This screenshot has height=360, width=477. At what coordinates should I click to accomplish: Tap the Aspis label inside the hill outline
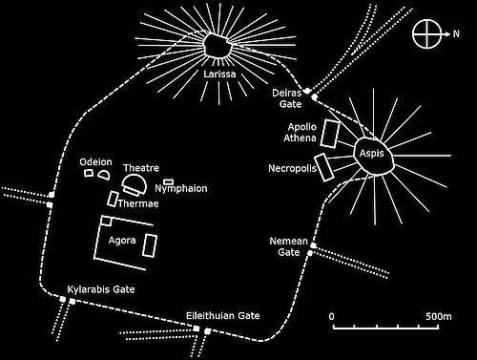[x=371, y=152]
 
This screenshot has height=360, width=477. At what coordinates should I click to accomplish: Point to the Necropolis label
[x=292, y=169]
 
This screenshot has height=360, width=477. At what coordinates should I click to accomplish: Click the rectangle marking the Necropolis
[x=323, y=166]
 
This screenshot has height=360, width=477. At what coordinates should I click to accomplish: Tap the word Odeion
[x=96, y=161]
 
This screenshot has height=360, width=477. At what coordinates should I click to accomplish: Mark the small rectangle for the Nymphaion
[x=169, y=180]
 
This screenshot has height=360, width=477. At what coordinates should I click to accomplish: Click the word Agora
[x=122, y=239]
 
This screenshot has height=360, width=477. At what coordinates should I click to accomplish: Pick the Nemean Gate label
[x=289, y=246]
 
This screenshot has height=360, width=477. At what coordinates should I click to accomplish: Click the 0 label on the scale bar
[x=332, y=315]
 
